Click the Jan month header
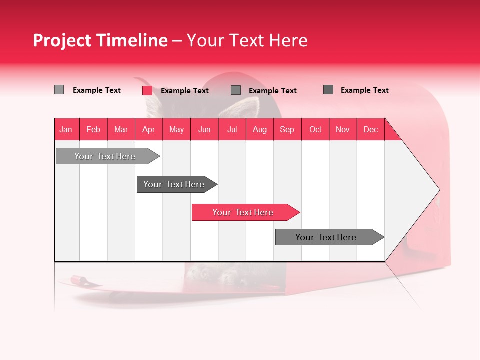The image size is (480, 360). [66, 129]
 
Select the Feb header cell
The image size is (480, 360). [93, 129]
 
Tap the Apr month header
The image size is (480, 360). [148, 129]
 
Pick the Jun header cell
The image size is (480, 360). [204, 129]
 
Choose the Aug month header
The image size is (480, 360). [260, 129]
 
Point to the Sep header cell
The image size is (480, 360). [287, 129]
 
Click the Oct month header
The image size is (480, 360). [315, 129]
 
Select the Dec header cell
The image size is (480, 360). [371, 129]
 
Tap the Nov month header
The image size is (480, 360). [343, 129]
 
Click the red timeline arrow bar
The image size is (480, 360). [245, 212]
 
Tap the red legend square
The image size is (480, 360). [147, 90]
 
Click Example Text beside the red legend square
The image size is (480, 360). [185, 91]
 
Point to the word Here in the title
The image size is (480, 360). [288, 41]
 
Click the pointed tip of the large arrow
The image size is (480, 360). [438, 190]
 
